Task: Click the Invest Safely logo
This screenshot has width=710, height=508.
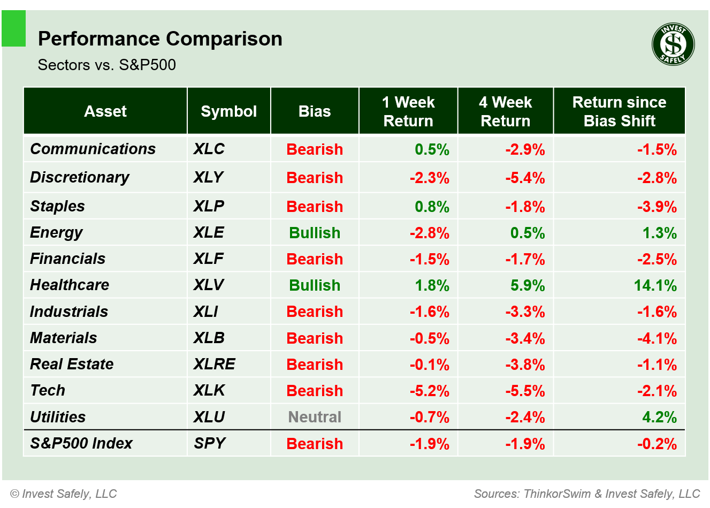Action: pos(673,44)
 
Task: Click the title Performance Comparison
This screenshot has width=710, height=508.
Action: pos(160,39)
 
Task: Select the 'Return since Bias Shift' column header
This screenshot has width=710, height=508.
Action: pos(619,111)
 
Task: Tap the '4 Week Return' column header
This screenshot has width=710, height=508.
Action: pos(505,111)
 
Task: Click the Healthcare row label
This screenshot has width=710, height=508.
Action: pos(70,285)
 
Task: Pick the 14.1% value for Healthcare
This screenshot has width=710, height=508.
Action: pos(655,285)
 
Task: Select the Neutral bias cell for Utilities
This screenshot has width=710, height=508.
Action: pos(315,417)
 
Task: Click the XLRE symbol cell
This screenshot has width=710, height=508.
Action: pos(214,364)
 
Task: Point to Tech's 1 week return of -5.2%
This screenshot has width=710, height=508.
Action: pos(429,391)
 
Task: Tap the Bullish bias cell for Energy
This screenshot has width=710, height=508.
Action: pos(315,233)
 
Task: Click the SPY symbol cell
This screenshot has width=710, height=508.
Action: pos(209,443)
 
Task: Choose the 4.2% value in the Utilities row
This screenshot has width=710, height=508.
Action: pos(659,417)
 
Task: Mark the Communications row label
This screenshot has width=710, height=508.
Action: pos(93,149)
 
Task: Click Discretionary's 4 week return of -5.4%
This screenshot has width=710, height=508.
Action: pos(525,178)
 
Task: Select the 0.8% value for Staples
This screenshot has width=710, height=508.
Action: pos(432,207)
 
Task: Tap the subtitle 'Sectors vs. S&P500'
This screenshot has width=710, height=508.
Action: pos(107,65)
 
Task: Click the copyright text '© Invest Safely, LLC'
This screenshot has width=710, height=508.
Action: pos(64,494)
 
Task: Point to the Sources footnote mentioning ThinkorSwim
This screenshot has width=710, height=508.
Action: pos(587,494)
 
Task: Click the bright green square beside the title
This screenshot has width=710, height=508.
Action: pos(14,28)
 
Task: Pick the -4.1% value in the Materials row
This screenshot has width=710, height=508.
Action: pos(656,338)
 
